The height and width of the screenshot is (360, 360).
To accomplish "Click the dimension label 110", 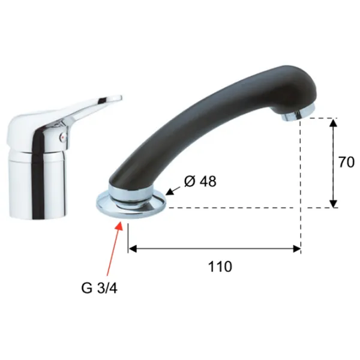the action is [x=220, y=266].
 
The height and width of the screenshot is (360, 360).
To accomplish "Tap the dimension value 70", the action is [x=346, y=162].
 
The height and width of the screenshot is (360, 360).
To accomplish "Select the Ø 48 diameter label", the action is [x=200, y=181].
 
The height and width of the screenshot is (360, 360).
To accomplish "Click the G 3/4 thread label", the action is [x=99, y=288].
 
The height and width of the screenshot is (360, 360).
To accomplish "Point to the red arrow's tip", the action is [x=121, y=221].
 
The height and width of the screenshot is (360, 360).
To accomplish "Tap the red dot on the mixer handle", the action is [x=61, y=137].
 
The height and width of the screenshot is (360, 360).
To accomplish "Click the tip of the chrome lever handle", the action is [x=121, y=97].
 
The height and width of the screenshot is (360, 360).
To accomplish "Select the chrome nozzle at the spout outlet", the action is [x=298, y=113].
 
